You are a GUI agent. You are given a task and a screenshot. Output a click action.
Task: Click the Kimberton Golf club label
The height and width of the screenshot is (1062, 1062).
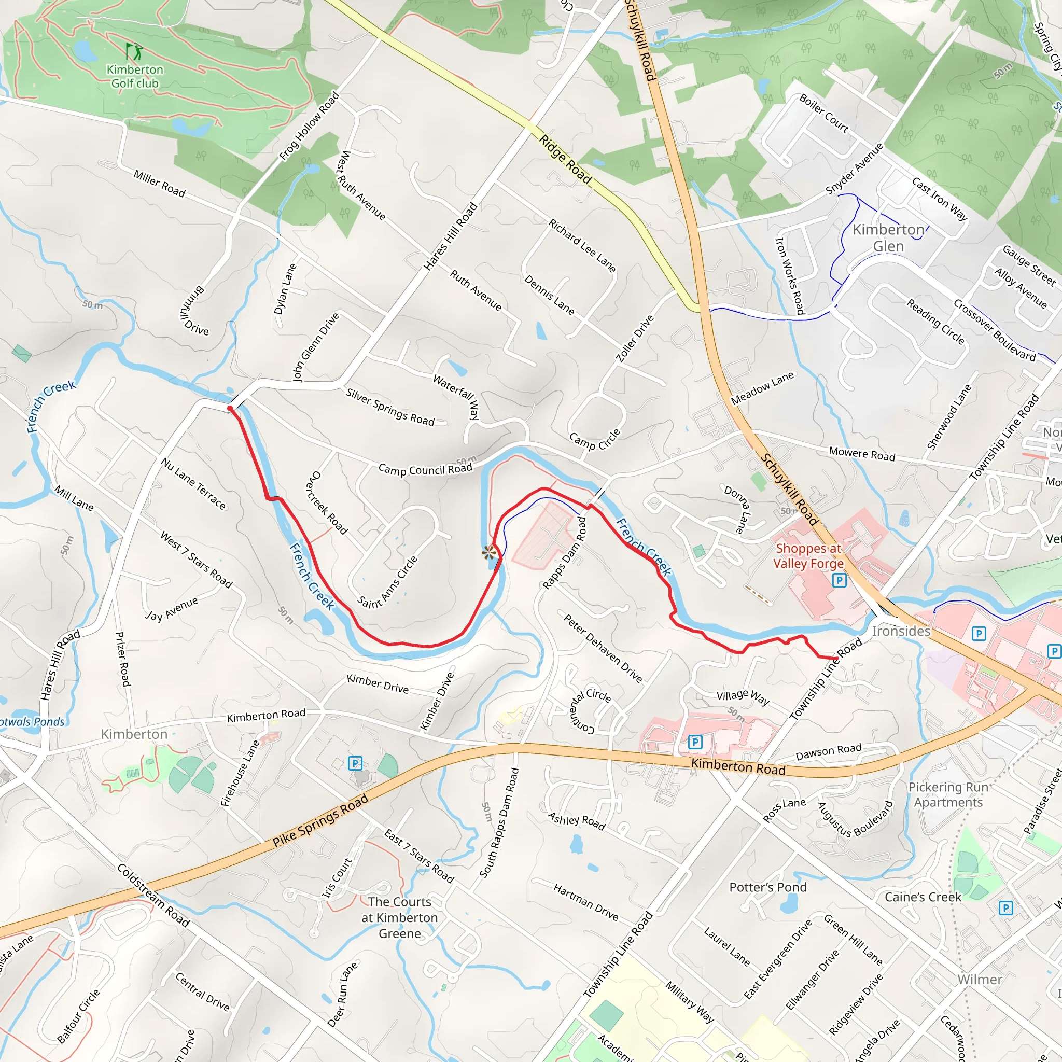click(135, 76)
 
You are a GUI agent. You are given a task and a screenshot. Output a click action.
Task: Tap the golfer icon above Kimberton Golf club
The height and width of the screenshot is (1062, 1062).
click(134, 52)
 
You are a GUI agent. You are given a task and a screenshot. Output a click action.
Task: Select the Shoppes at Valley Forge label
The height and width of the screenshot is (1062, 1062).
click(808, 556)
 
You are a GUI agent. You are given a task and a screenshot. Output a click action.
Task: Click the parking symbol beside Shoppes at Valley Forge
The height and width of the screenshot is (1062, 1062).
click(839, 580)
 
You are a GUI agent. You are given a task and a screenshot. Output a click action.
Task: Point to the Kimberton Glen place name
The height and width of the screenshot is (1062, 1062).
click(888, 237)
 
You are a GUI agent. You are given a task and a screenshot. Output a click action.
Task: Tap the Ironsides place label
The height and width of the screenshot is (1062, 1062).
click(901, 631)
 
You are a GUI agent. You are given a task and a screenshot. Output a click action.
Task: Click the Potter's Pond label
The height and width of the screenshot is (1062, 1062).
click(767, 887)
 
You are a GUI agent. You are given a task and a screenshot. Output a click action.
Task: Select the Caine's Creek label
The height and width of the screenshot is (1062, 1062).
click(923, 897)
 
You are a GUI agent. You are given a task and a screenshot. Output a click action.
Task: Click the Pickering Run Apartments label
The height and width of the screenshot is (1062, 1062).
click(948, 795)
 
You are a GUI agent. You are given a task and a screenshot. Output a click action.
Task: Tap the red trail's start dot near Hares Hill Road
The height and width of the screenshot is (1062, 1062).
click(230, 409)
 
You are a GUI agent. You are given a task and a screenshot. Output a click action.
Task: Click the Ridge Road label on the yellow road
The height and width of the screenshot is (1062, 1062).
click(565, 159)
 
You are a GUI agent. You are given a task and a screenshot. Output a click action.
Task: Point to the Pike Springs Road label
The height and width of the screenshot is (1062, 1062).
click(320, 821)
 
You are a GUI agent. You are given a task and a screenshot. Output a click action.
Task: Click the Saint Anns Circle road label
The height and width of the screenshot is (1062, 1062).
click(387, 583)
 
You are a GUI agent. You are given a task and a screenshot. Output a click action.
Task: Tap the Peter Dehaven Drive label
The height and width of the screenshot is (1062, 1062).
click(603, 648)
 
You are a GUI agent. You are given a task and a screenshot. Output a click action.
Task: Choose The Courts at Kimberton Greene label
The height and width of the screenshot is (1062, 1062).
click(400, 917)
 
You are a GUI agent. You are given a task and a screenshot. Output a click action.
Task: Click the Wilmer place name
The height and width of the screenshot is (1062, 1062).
click(980, 980)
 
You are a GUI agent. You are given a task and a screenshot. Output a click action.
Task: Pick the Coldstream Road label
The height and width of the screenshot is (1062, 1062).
click(153, 896)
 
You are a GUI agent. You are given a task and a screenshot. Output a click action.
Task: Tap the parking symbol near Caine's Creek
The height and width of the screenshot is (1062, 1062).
click(1005, 907)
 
